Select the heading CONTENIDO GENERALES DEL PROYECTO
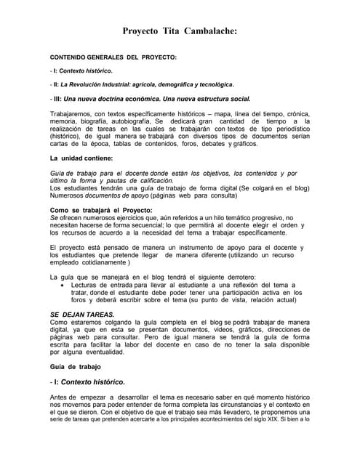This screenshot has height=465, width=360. coord(113,57)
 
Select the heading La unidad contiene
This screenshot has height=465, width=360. coord(81,158)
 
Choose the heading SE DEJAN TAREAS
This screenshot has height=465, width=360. coord(81,314)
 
